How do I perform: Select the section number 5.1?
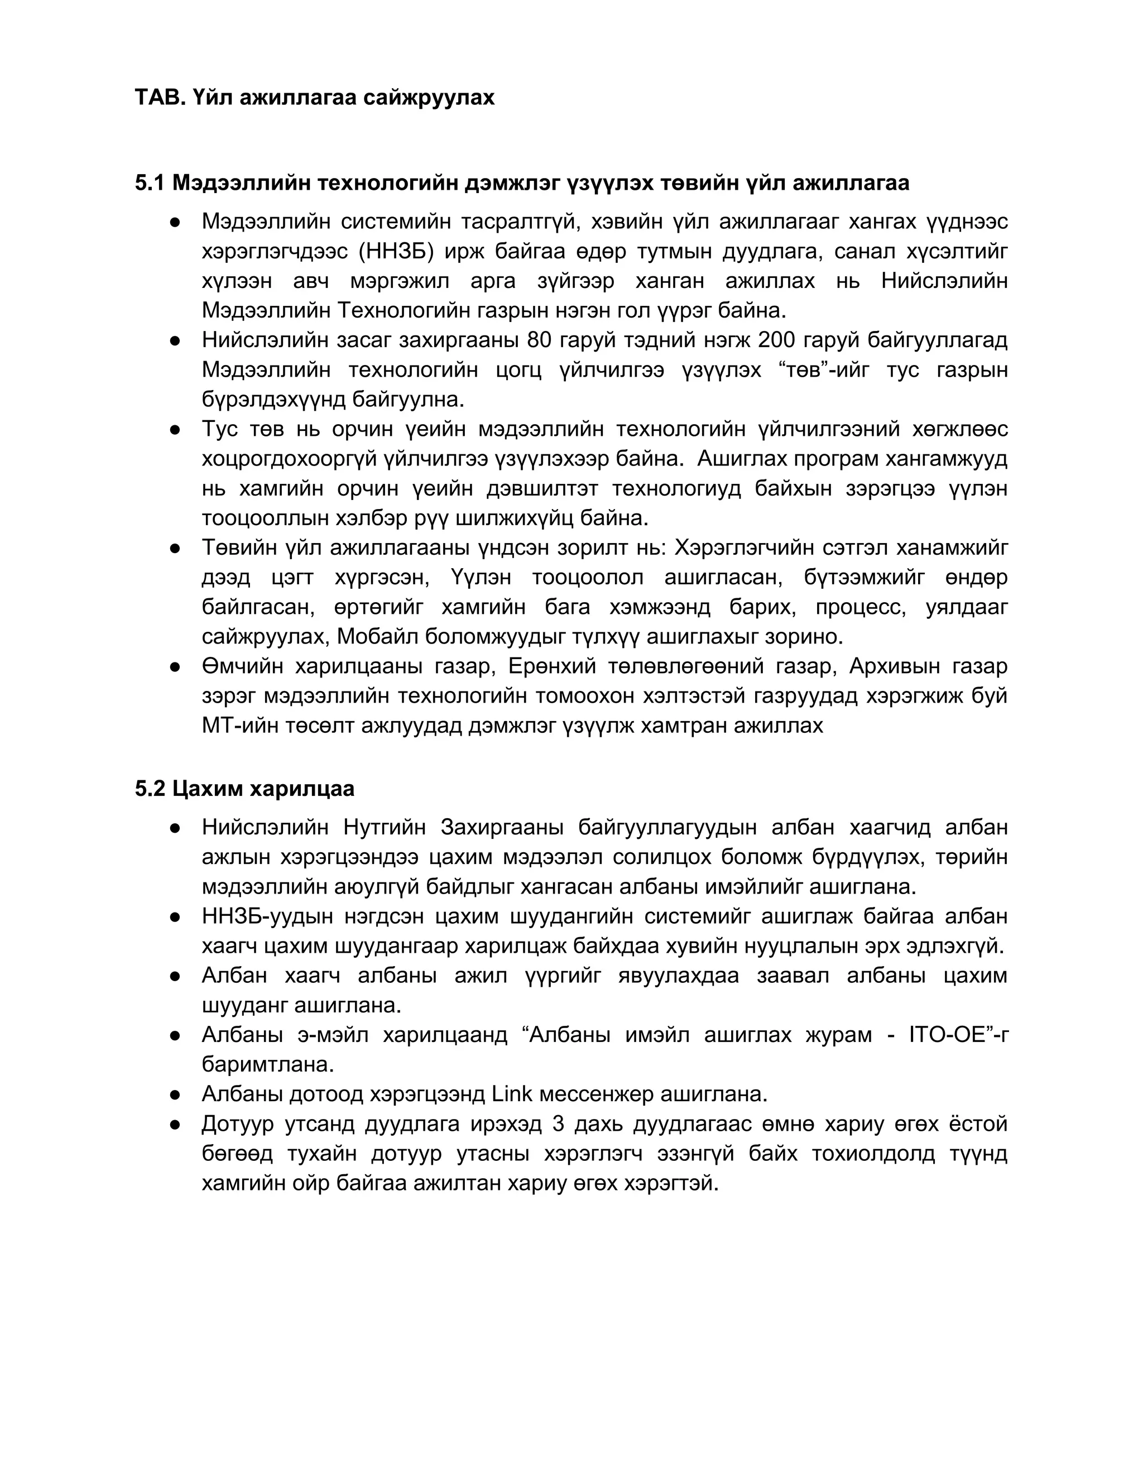pos(150,183)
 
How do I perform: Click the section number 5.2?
pos(150,789)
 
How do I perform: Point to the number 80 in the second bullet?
pos(540,340)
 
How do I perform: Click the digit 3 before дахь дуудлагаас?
pos(559,1123)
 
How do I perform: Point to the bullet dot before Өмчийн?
pos(175,667)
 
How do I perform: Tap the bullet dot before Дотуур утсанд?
pos(175,1124)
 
